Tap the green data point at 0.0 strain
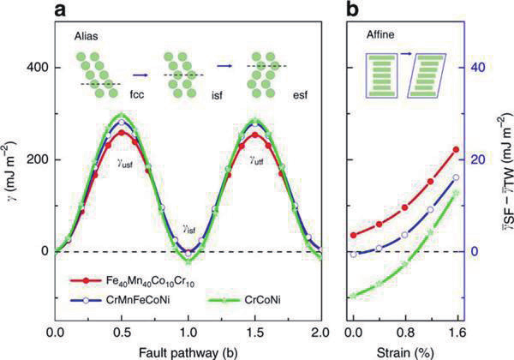354,296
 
